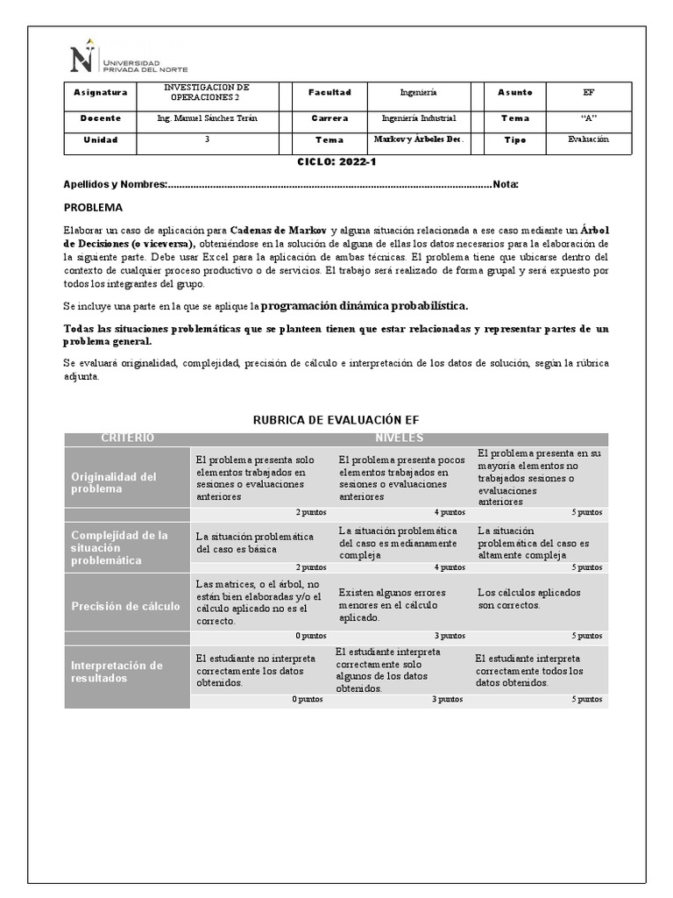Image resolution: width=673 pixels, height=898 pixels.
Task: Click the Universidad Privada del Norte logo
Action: click(128, 59)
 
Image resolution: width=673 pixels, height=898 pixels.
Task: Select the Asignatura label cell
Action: click(101, 93)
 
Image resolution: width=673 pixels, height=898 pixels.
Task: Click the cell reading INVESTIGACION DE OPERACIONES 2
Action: click(207, 93)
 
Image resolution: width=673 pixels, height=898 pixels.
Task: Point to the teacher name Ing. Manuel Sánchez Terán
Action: click(207, 118)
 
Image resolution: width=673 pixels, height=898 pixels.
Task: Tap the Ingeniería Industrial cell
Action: click(419, 118)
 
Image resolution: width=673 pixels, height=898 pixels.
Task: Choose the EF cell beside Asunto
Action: click(588, 93)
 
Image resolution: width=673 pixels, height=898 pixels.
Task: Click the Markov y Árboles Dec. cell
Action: click(419, 139)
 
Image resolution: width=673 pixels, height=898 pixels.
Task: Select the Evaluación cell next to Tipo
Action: click(588, 139)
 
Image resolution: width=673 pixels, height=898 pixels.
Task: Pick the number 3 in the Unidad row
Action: click(207, 139)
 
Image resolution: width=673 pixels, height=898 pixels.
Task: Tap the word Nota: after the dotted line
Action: click(506, 184)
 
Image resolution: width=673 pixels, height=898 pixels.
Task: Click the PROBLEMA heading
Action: click(94, 208)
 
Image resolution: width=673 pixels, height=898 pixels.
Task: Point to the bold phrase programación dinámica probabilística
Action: click(365, 306)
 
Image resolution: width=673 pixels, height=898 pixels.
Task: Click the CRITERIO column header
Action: click(127, 438)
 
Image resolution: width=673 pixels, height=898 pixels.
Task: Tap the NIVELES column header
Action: click(399, 438)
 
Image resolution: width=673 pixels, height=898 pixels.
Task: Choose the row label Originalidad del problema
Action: click(114, 482)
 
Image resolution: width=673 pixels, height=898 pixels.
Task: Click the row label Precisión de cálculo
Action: click(125, 606)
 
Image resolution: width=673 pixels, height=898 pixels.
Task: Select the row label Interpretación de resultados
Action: click(117, 672)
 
